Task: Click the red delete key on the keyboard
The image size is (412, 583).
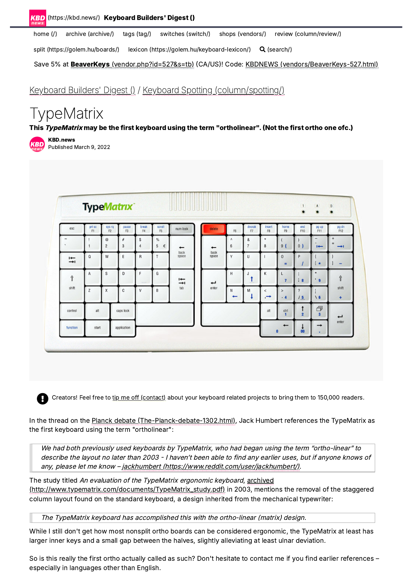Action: [x=214, y=229]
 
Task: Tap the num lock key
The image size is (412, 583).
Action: [x=181, y=229]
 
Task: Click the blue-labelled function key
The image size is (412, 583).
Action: [x=72, y=328]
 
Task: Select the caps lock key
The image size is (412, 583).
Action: [x=123, y=311]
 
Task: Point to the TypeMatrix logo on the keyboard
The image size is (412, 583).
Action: [x=108, y=207]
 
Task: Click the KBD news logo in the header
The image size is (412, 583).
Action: [x=38, y=18]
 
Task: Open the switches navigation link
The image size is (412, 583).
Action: [x=185, y=34]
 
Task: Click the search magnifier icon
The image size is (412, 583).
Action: [x=262, y=50]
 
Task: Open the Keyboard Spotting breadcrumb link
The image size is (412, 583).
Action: [x=213, y=90]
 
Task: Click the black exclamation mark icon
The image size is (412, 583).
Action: [x=43, y=398]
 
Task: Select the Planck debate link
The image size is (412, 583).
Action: [x=163, y=420]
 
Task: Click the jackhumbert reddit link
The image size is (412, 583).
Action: [x=211, y=466]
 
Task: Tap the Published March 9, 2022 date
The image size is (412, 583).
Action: [x=79, y=147]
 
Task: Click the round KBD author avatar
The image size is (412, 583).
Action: [x=37, y=144]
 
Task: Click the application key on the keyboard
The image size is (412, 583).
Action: [x=123, y=328]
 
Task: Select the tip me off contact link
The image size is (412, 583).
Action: [x=139, y=398]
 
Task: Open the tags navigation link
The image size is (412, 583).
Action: [x=137, y=34]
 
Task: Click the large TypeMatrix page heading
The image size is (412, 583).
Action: [x=66, y=114]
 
